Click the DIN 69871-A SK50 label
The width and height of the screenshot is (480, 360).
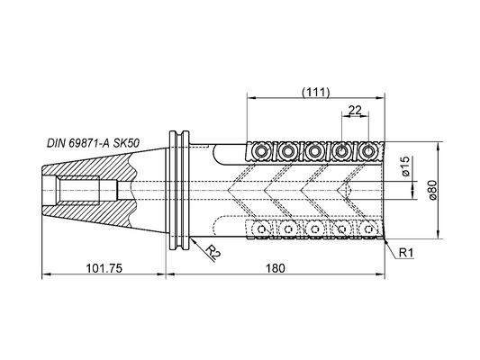[x=93, y=143]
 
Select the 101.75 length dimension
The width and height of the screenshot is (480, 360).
[x=104, y=268]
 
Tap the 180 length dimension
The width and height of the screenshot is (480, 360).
[x=276, y=268]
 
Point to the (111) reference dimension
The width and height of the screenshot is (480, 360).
[x=315, y=92]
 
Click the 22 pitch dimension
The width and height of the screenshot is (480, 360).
[x=355, y=110]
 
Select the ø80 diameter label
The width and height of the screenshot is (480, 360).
[x=432, y=190]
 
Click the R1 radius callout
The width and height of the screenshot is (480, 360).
[x=407, y=253]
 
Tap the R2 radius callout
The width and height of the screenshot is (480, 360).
[x=213, y=252]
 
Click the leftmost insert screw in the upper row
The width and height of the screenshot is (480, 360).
[x=261, y=151]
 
